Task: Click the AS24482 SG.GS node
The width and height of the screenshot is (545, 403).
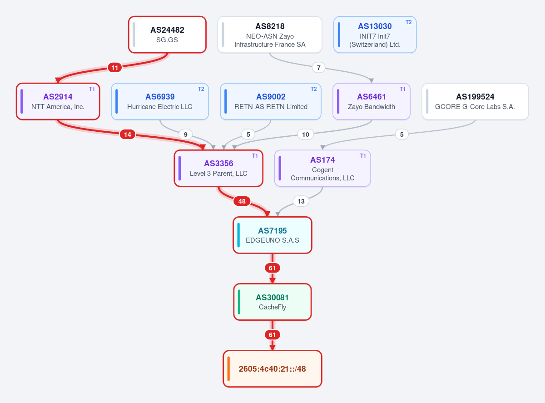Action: coord(167,35)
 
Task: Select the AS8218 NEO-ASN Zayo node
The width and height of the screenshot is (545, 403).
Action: coord(270,35)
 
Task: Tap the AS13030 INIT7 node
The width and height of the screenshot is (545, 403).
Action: coord(375,35)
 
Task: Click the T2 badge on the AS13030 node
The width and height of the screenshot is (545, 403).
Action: coord(408,22)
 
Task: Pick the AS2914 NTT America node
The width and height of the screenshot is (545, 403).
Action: coord(58,102)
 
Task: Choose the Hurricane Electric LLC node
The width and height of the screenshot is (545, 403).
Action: coord(160,102)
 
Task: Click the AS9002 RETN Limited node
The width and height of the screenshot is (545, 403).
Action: coord(271,102)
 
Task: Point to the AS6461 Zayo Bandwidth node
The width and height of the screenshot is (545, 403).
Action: coord(371,102)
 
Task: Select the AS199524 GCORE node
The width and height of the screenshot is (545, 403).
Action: coord(475,102)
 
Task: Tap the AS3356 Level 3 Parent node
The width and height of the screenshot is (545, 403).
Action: coord(218,169)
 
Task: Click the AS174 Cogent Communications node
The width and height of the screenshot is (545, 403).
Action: coord(322,169)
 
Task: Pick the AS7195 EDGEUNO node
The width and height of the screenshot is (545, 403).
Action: coord(272,235)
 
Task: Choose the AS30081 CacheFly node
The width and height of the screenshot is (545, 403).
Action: coord(272,302)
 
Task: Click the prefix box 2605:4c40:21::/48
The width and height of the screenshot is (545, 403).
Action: coord(272,369)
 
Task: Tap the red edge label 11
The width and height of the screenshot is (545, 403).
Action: coord(115,68)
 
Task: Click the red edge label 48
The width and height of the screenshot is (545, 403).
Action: coord(242,201)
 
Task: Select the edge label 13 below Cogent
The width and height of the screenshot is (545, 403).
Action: coord(301,201)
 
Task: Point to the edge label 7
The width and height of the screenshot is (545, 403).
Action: coord(318,68)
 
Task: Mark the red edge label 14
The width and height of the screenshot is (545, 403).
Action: coord(128,134)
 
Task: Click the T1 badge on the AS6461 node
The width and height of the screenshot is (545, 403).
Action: coord(402,89)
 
